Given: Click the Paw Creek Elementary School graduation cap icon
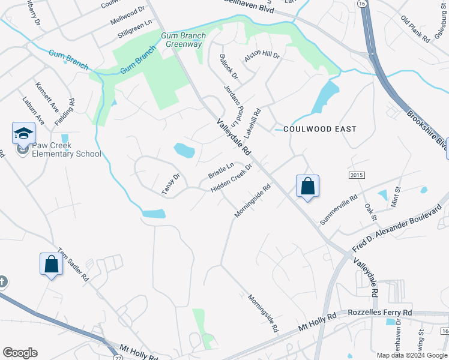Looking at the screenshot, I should [23, 133].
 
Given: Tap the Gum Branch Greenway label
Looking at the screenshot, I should [183, 40].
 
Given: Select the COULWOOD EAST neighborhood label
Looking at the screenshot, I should [319, 129].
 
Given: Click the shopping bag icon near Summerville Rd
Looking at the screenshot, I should [307, 186].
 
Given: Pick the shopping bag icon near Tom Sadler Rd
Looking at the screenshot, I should [51, 264].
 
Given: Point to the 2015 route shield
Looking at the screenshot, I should [357, 174].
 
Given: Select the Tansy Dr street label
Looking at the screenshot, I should [171, 184].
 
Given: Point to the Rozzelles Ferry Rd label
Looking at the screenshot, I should [380, 313].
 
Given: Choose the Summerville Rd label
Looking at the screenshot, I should [339, 209].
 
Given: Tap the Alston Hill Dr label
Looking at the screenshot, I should [262, 56].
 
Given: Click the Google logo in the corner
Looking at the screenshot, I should [20, 353].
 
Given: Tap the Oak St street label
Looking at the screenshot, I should [370, 211].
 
